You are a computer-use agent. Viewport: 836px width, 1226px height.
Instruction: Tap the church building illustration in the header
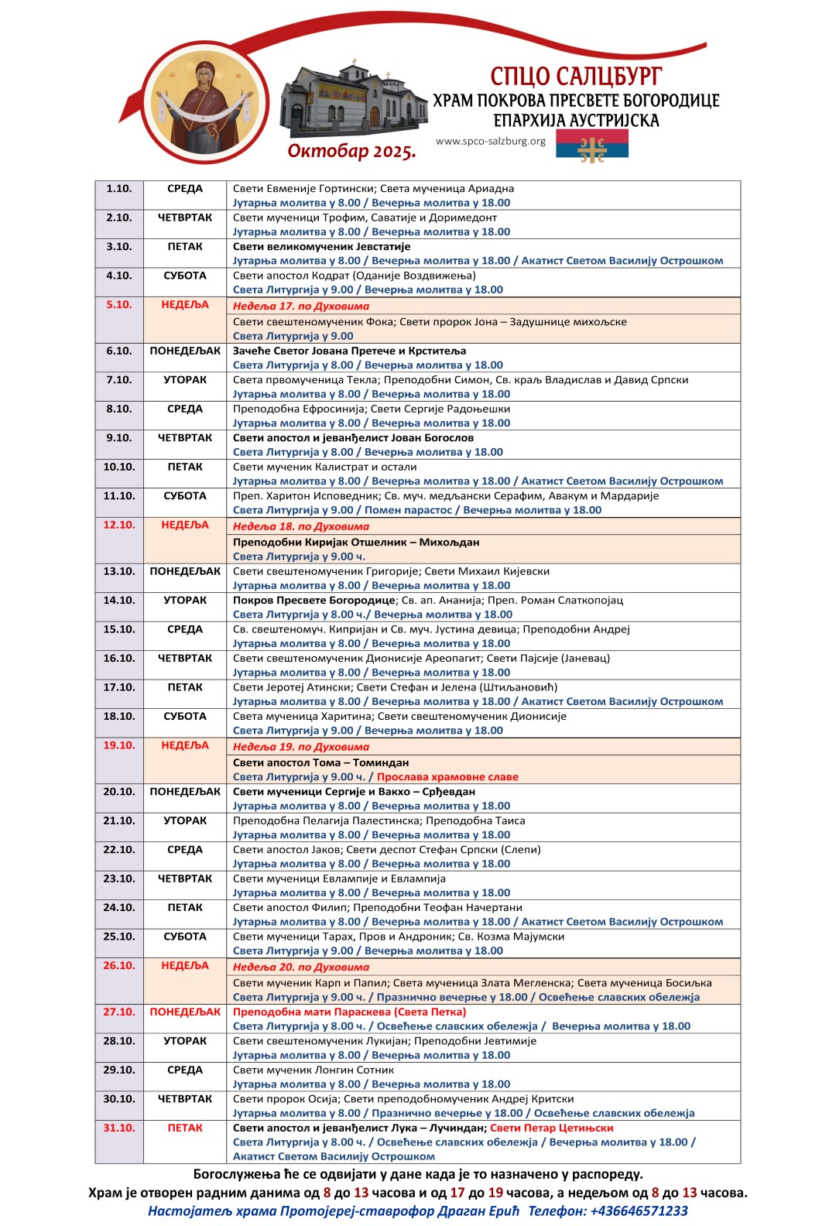[352, 99]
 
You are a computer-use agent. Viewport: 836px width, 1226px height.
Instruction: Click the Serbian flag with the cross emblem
[592, 145]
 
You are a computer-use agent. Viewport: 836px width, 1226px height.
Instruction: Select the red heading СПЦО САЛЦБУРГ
[576, 77]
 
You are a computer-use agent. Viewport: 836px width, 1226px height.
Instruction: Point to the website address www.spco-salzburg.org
[491, 142]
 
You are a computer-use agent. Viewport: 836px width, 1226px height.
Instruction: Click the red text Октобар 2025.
[352, 150]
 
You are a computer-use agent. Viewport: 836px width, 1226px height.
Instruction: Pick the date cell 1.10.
[119, 189]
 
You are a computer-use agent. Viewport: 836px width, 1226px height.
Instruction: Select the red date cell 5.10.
[119, 305]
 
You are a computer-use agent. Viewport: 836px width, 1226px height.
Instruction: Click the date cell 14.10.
[119, 601]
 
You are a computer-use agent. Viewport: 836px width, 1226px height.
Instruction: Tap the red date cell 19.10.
[119, 745]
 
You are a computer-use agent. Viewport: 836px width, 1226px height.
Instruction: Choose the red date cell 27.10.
[119, 1012]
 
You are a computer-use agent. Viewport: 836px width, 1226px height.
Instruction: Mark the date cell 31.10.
[119, 1128]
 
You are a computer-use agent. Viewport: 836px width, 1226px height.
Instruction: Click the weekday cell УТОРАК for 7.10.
[185, 380]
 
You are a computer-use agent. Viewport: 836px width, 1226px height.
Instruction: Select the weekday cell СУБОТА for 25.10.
[185, 937]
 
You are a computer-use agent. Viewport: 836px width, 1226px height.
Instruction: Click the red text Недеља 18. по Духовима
[301, 526]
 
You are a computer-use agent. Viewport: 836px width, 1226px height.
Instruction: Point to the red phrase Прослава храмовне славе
[447, 777]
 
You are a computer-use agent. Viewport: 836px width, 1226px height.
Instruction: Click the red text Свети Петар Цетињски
[552, 1128]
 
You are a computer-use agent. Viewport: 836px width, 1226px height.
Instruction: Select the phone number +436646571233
[639, 1211]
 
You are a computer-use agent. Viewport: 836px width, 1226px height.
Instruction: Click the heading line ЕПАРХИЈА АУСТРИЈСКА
[576, 121]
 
